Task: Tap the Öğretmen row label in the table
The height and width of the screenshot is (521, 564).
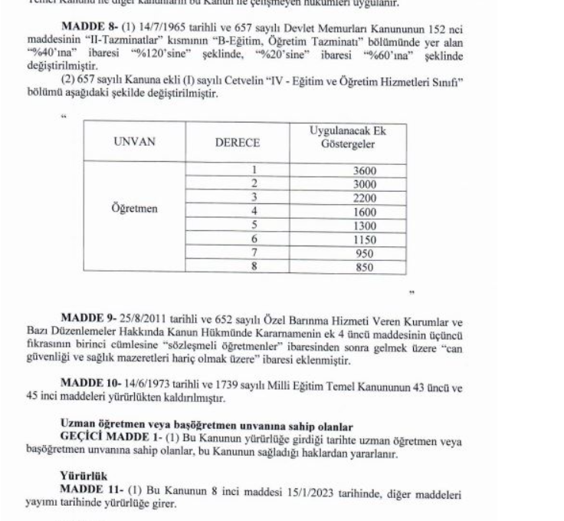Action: coord(130,209)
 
